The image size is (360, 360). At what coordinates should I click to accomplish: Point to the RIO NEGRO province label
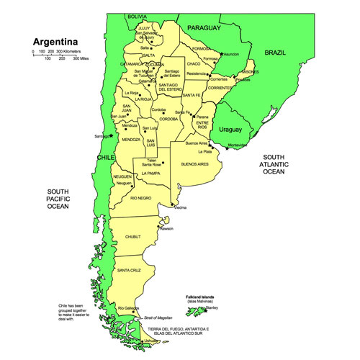[x=140, y=197]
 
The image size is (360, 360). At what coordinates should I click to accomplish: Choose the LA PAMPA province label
[x=151, y=174]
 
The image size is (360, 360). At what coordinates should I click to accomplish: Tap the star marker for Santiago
[x=112, y=134]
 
